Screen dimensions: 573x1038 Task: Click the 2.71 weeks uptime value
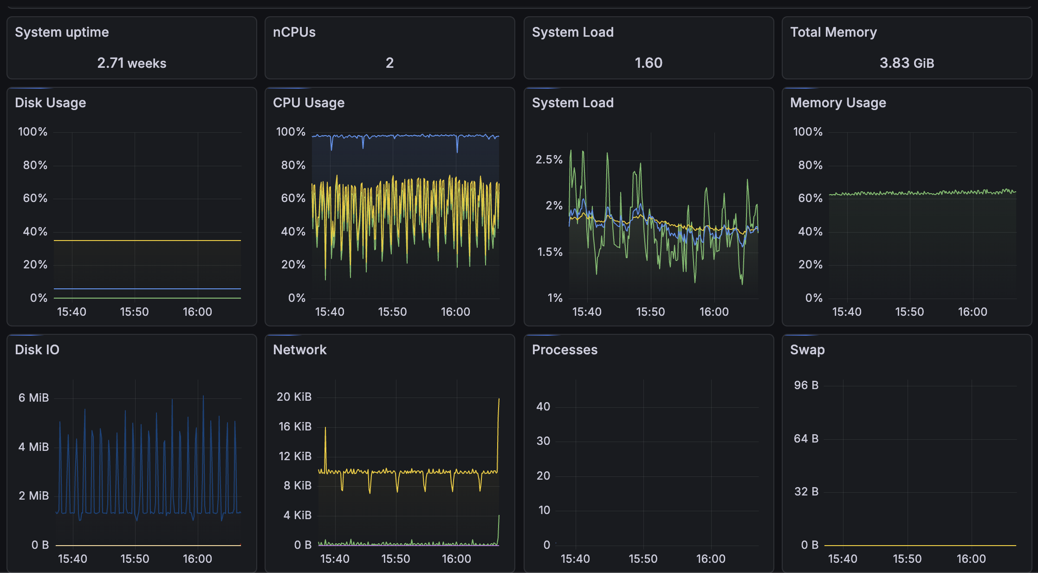pyautogui.click(x=131, y=63)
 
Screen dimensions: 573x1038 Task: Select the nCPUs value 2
pyautogui.click(x=389, y=63)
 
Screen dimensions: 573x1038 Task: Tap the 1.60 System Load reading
pyautogui.click(x=648, y=63)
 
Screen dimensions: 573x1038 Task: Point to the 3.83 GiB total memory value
pyautogui.click(x=907, y=63)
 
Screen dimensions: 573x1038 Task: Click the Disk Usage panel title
pyautogui.click(x=50, y=103)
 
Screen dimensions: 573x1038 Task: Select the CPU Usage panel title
pyautogui.click(x=308, y=103)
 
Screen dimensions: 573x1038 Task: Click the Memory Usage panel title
pyautogui.click(x=838, y=103)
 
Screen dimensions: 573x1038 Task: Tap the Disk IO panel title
pyautogui.click(x=37, y=350)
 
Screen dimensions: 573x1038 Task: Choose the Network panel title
pyautogui.click(x=299, y=350)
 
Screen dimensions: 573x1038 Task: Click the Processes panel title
pyautogui.click(x=564, y=350)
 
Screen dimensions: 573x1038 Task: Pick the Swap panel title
pyautogui.click(x=807, y=350)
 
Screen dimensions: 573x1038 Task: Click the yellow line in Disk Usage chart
pyautogui.click(x=147, y=241)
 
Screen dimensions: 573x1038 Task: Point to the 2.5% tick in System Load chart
pyautogui.click(x=549, y=160)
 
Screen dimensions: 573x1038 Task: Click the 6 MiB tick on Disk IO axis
pyautogui.click(x=33, y=397)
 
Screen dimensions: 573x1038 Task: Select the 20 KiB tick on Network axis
pyautogui.click(x=294, y=397)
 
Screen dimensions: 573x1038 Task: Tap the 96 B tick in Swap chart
pyautogui.click(x=806, y=385)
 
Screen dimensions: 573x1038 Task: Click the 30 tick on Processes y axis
pyautogui.click(x=543, y=441)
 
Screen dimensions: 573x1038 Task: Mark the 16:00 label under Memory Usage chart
pyautogui.click(x=973, y=312)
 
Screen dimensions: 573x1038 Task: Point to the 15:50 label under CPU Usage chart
pyautogui.click(x=392, y=312)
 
